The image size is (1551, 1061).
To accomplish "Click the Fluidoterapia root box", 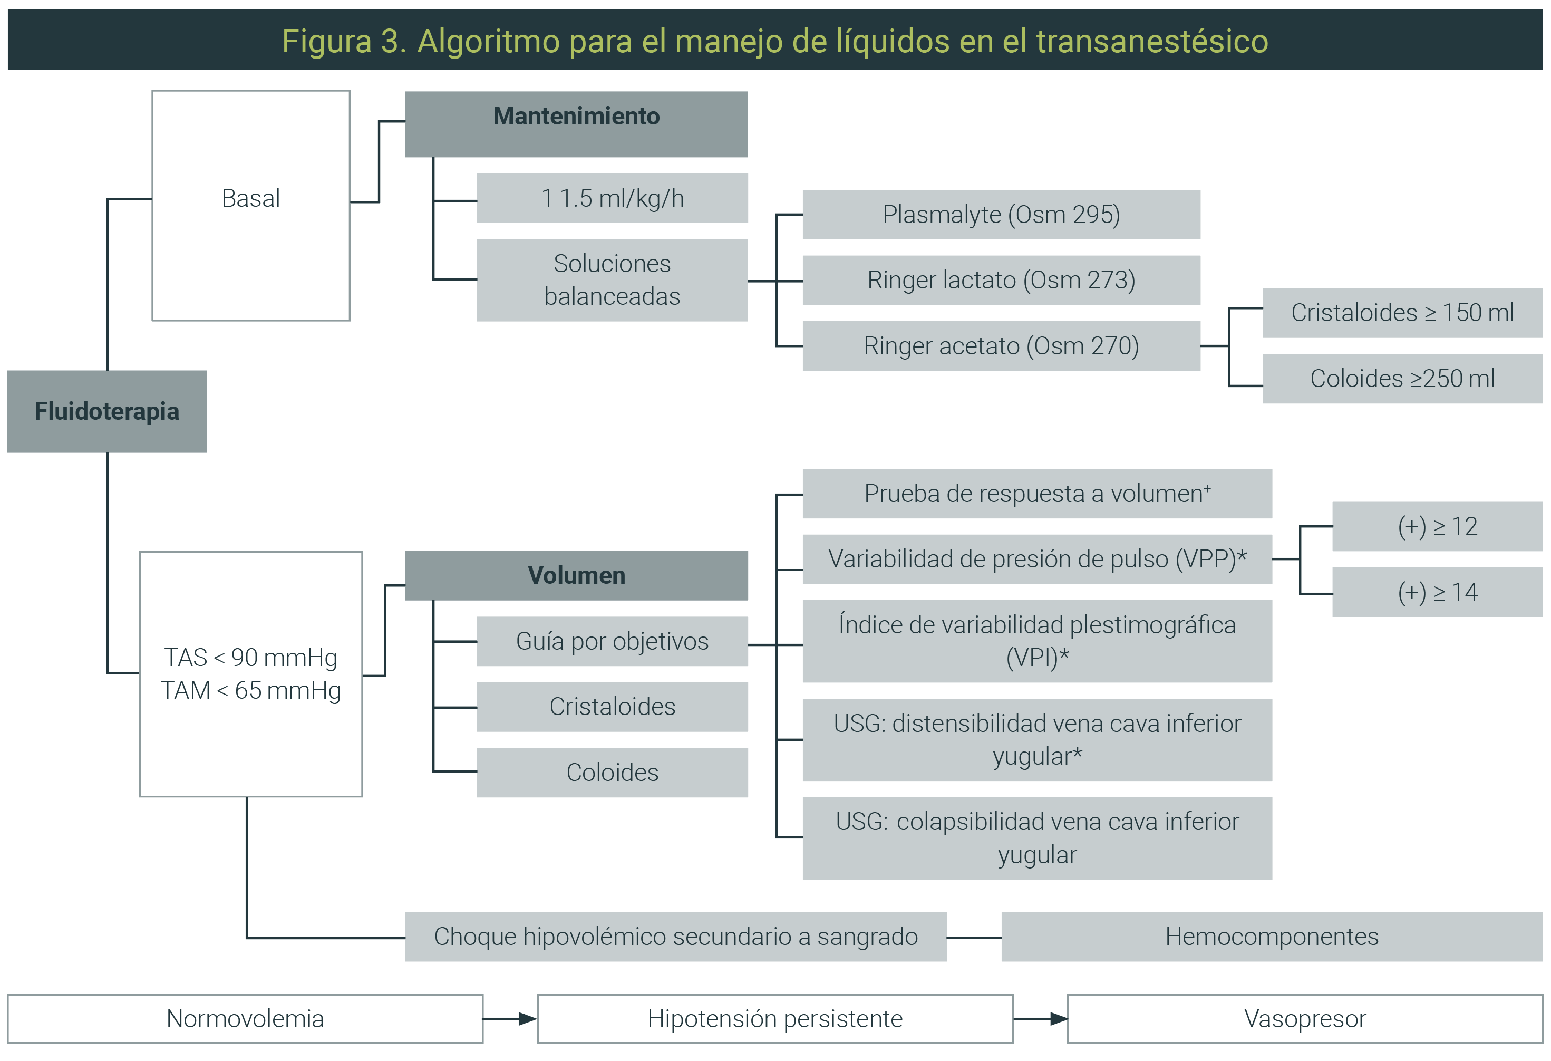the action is [107, 411].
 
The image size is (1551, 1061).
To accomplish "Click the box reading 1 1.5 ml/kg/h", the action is [612, 198].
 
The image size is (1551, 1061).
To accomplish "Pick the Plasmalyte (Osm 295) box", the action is [1001, 214].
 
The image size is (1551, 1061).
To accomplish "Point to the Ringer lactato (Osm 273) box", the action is [1001, 281].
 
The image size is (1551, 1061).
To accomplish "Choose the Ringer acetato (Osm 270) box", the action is [1001, 346].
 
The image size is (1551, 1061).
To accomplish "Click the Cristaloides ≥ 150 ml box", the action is [1403, 313].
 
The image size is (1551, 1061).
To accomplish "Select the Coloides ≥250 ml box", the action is [1403, 379].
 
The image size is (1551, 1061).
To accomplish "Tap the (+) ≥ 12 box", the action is [1438, 526].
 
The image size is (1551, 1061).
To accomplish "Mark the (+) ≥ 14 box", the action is [1438, 592].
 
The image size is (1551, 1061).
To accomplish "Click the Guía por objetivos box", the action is [612, 641].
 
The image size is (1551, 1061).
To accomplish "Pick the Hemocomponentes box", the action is [1272, 937].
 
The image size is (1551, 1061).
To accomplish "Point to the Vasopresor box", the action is [1305, 1019].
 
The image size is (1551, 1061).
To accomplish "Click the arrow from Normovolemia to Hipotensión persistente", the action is [510, 1019].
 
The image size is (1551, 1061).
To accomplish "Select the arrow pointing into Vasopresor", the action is [1041, 1019].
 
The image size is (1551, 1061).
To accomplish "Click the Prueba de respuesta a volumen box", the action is [1037, 494].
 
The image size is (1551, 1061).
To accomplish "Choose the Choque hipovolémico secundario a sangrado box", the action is [675, 937].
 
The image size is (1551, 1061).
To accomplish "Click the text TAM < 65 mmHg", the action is [251, 690].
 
